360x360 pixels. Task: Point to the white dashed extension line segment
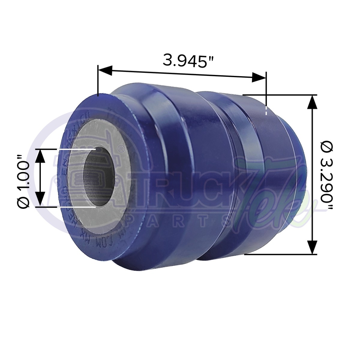(x=266, y=109)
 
